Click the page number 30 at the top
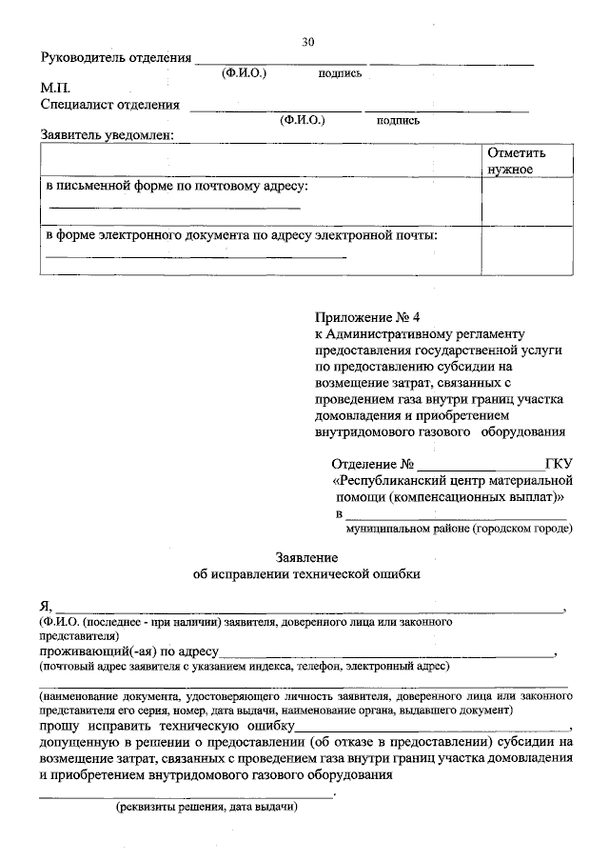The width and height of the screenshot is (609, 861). click(307, 42)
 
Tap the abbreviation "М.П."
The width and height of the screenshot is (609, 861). click(56, 88)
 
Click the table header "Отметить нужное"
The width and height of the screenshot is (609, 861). click(516, 161)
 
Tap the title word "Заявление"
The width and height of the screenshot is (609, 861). click(305, 556)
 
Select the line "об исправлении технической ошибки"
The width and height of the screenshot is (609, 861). click(305, 574)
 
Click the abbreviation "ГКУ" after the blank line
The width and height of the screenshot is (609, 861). click(558, 466)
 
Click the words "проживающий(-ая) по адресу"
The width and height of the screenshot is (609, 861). click(130, 652)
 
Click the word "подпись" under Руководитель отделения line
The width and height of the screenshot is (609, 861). click(340, 73)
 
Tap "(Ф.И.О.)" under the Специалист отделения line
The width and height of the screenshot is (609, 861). click(303, 121)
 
